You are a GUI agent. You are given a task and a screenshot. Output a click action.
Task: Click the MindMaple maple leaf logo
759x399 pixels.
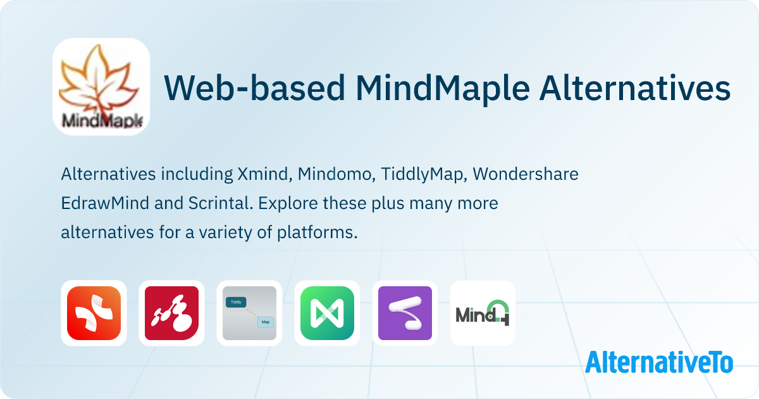(101, 86)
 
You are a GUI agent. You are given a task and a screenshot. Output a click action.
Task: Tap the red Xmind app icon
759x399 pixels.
(94, 313)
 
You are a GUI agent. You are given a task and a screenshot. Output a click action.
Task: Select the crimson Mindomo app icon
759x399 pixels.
(171, 313)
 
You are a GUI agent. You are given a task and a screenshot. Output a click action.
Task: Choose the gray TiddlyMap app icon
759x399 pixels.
(249, 313)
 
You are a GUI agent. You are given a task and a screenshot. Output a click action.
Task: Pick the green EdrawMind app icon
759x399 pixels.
(327, 313)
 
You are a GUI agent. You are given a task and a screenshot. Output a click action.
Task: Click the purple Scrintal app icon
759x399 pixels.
(405, 313)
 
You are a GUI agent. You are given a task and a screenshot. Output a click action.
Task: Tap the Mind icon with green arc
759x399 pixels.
(483, 313)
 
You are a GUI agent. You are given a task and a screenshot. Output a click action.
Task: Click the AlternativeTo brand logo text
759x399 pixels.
(658, 362)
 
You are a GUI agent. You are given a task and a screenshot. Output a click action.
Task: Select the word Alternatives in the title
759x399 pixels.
(636, 88)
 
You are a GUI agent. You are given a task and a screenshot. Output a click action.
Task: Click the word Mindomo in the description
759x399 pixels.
(333, 174)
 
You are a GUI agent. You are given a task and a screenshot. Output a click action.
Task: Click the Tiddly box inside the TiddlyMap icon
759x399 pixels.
(237, 303)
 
